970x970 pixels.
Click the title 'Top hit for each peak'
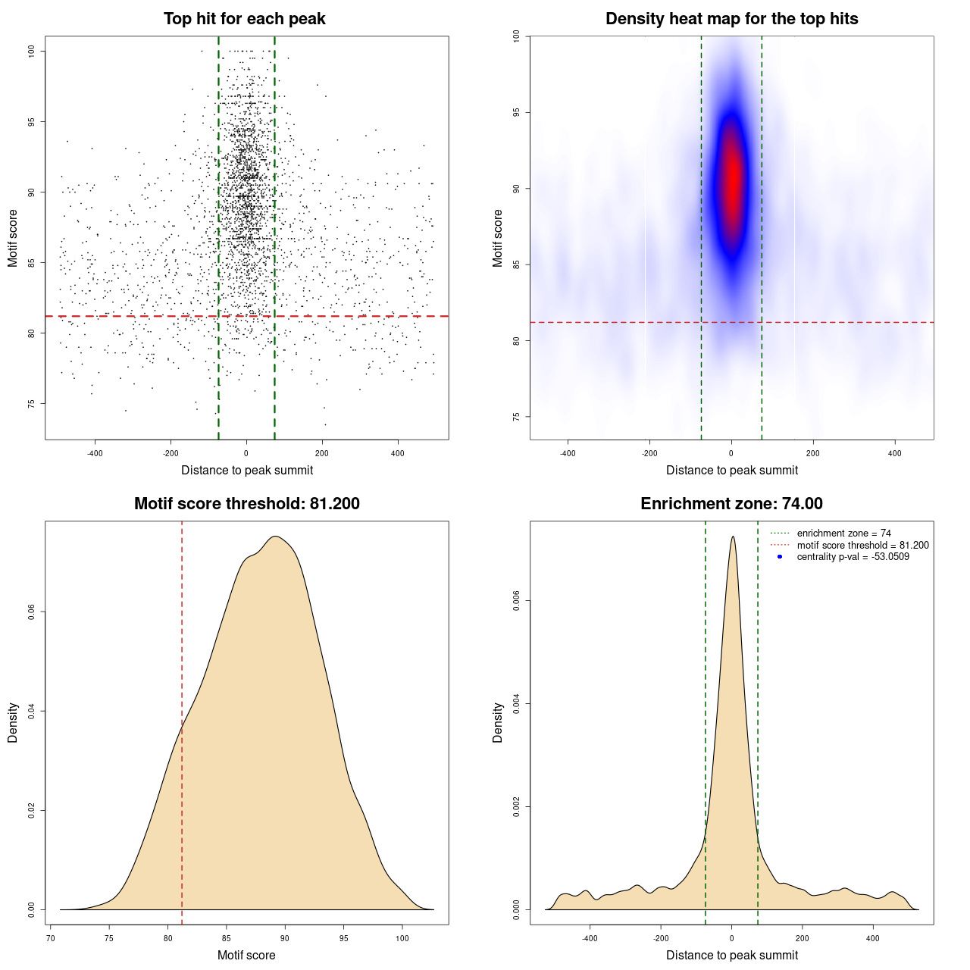(244, 19)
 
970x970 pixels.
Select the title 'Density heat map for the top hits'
(731, 19)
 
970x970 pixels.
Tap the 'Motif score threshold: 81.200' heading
(246, 504)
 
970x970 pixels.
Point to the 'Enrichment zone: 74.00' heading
(731, 504)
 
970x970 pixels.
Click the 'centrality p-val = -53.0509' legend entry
(853, 557)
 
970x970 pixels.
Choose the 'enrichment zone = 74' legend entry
(843, 533)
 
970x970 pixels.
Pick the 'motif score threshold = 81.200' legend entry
(862, 546)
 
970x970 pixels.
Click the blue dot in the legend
(780, 557)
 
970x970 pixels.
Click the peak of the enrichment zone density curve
(732, 537)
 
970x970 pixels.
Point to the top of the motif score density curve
(276, 537)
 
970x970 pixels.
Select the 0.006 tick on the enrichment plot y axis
(517, 601)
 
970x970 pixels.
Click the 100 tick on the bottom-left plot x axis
(402, 938)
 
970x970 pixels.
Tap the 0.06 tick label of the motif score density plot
(32, 612)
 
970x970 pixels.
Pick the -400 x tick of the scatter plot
(95, 453)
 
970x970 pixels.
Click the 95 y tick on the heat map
(517, 112)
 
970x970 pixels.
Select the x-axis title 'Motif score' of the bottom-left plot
(246, 955)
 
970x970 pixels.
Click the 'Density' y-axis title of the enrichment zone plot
(498, 722)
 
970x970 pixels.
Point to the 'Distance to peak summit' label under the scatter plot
(247, 470)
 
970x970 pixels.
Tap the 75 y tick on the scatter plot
(32, 404)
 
